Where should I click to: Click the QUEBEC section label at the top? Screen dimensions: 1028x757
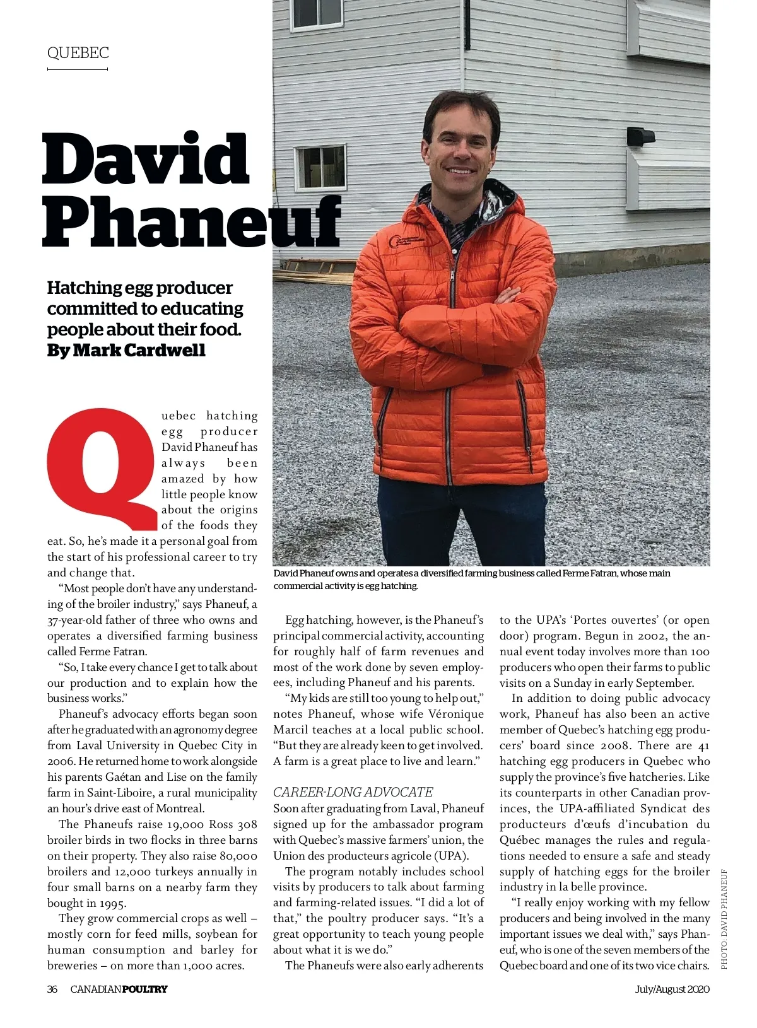(78, 53)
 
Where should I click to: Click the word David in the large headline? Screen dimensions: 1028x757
(146, 158)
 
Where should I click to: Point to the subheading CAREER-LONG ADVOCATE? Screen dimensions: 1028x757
(353, 792)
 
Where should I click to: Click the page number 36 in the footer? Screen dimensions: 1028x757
(52, 988)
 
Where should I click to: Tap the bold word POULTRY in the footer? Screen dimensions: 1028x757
(144, 988)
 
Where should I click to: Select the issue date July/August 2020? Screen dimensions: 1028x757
(672, 988)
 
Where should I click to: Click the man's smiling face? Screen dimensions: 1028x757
(459, 148)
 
